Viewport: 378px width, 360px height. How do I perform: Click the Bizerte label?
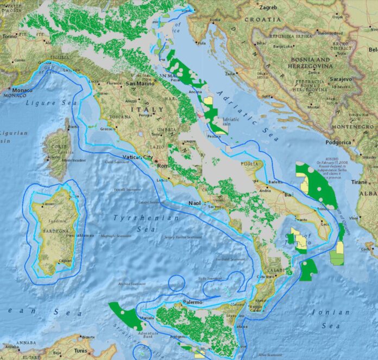pyautogui.click(x=88, y=337)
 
